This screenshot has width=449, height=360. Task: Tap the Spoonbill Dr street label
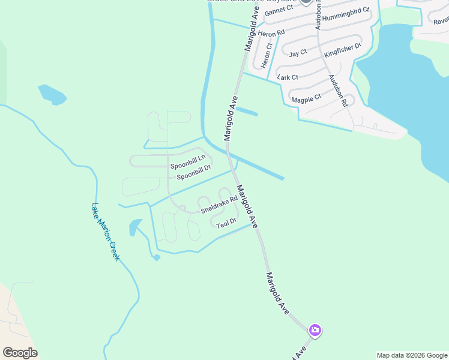194,172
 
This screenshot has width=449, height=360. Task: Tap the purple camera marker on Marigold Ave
315,330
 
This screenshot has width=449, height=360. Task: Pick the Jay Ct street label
298,53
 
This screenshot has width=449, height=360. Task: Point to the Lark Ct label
288,77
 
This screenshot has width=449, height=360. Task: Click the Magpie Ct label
306,98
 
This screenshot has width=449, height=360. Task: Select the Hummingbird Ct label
345,18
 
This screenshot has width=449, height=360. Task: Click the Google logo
20,352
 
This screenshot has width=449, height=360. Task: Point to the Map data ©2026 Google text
412,355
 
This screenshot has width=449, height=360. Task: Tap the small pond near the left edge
52,94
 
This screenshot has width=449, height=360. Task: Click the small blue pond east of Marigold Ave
247,112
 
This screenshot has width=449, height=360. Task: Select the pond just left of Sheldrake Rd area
134,227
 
